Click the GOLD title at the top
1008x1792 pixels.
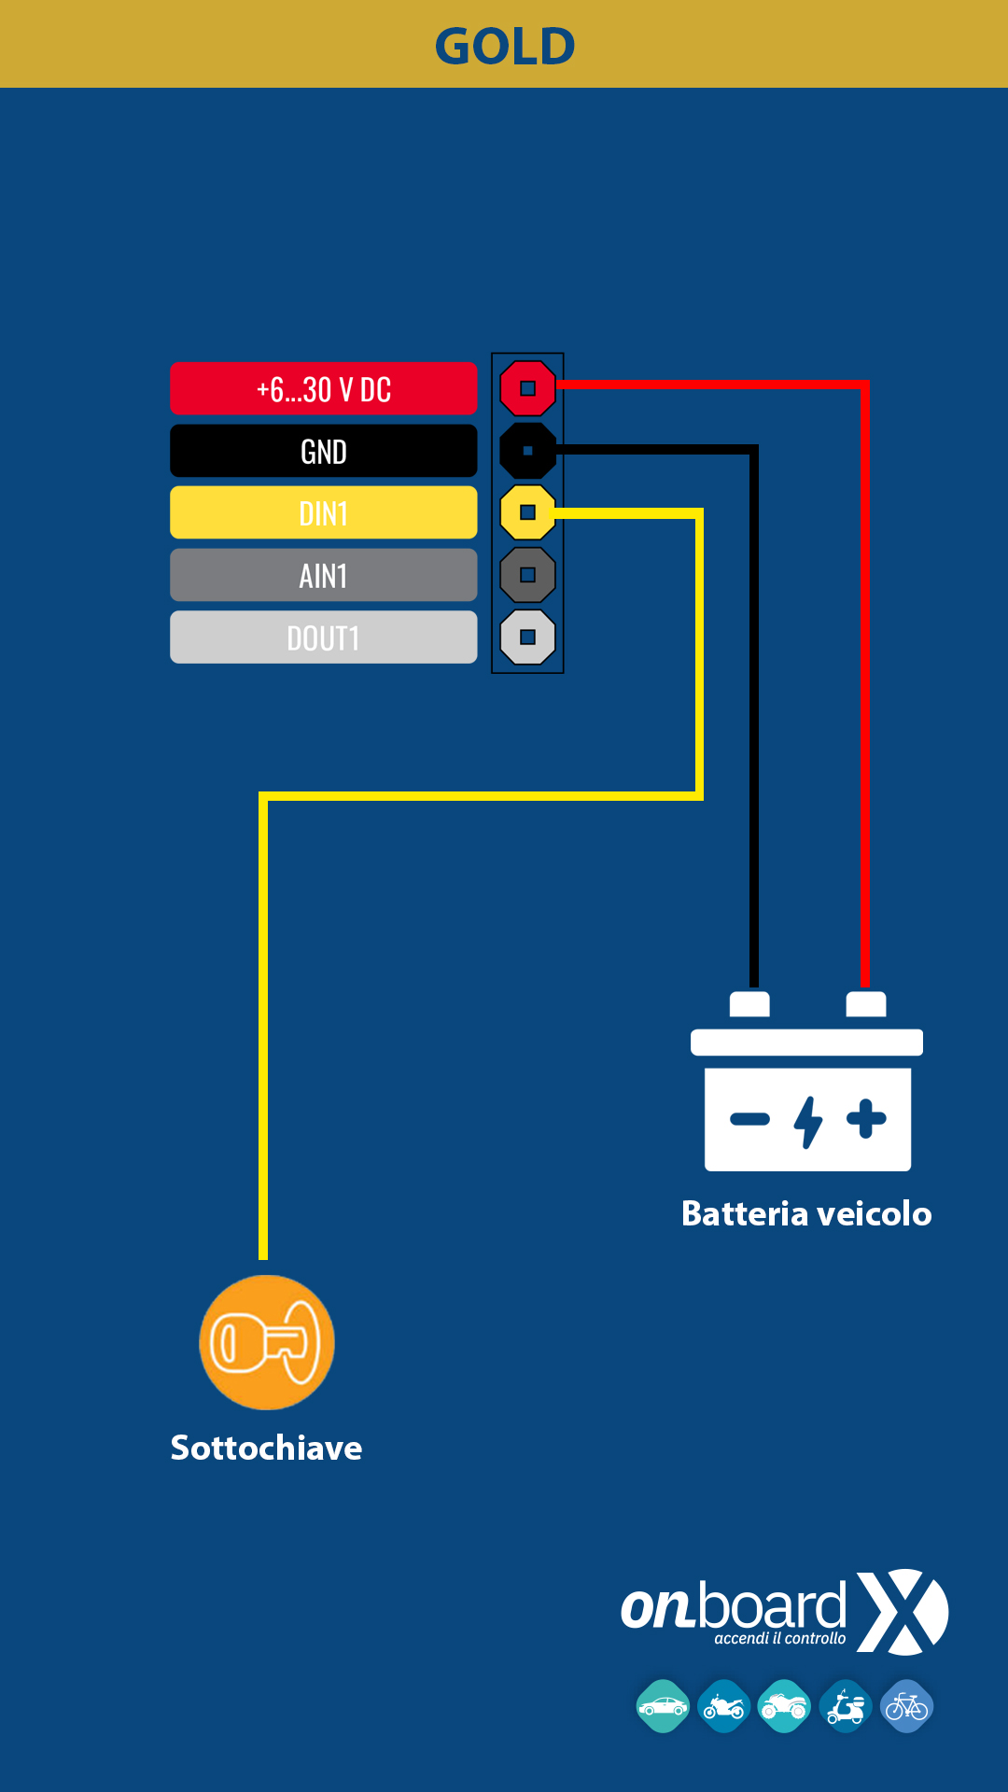pos(505,46)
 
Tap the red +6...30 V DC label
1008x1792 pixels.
pos(324,388)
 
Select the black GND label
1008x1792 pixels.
pos(324,451)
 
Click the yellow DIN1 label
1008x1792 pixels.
pos(324,512)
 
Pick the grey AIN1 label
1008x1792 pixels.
pos(324,575)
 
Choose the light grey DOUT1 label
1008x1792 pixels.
pos(324,637)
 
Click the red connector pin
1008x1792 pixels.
pos(527,388)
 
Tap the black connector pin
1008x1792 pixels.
pos(527,451)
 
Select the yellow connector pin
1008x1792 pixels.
pos(527,512)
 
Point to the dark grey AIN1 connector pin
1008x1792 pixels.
pos(527,575)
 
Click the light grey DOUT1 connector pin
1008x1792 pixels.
pos(527,637)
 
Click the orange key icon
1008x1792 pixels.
pos(267,1342)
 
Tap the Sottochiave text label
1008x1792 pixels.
pos(266,1448)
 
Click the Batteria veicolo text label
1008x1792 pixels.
pos(806,1213)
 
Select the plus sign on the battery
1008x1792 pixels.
pos(866,1119)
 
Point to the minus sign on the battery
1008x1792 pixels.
pos(749,1119)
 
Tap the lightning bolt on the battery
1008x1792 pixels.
pos(808,1122)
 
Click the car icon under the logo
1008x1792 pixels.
pos(663,1706)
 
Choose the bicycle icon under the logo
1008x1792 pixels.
pos(906,1706)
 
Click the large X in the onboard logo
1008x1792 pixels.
pos(902,1612)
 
